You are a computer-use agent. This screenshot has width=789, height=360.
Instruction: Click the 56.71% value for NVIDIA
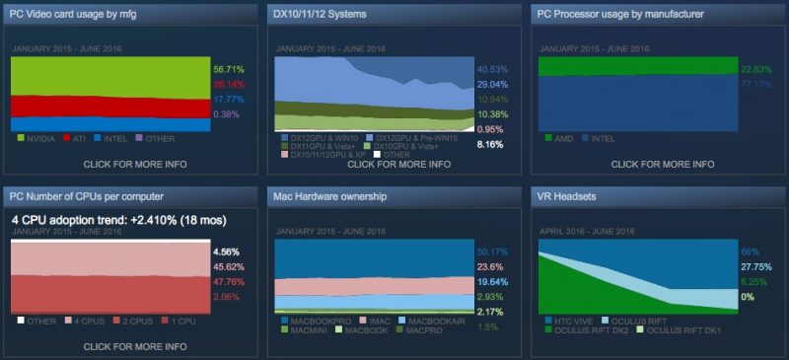tap(228, 69)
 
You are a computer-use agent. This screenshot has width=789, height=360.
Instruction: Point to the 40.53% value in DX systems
tap(491, 69)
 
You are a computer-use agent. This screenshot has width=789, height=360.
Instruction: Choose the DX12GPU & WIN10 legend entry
tap(319, 136)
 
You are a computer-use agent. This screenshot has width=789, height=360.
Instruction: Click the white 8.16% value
tap(491, 144)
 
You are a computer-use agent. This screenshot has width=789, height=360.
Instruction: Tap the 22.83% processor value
tap(754, 68)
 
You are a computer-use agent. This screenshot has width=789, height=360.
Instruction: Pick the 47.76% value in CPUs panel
tap(228, 281)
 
